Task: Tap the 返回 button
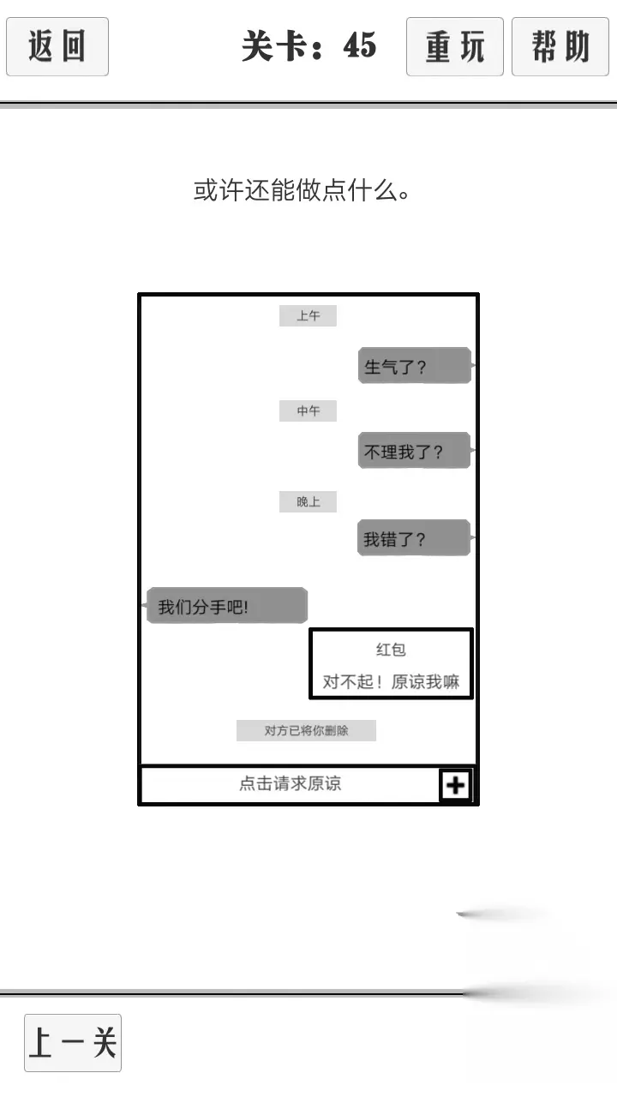coord(57,46)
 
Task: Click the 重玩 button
coord(455,46)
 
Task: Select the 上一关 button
coord(73,1043)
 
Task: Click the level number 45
coord(360,45)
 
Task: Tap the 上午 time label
coord(308,316)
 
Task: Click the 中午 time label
coord(308,411)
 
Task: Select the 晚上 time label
coord(308,502)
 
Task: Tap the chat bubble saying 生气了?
coord(415,365)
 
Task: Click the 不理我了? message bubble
coord(414,451)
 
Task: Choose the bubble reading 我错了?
coord(414,537)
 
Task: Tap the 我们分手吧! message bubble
coord(227,606)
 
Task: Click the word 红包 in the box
coord(391,650)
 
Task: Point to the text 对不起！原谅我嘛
coord(391,681)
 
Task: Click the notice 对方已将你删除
coord(306,731)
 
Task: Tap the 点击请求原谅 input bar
coord(291,784)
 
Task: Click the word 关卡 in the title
coord(274,45)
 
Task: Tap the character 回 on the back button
coord(74,46)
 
